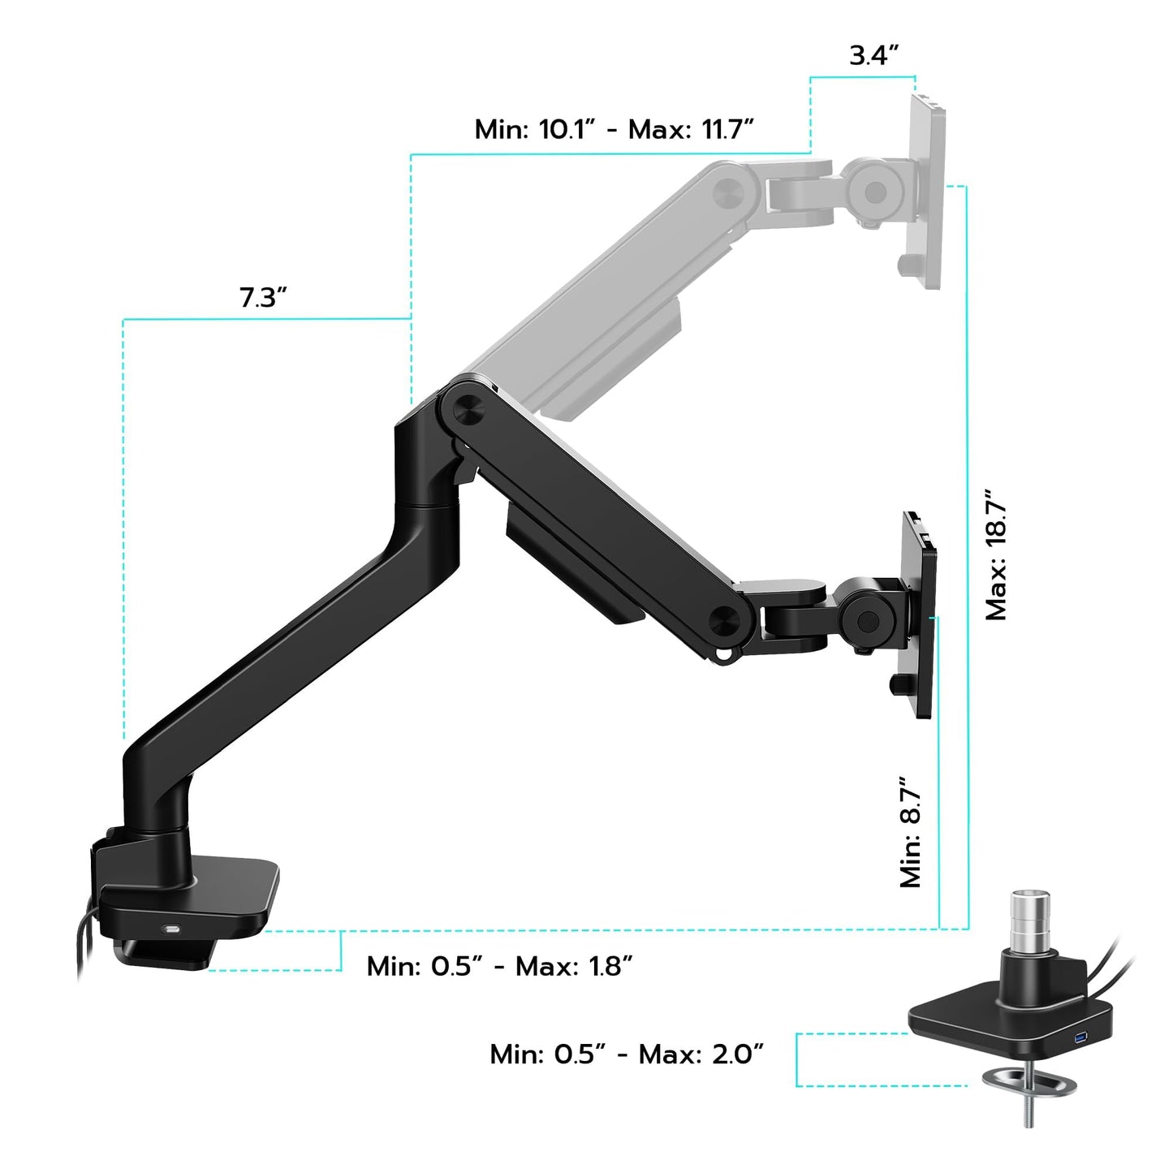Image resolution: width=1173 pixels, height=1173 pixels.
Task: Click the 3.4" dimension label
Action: (873, 55)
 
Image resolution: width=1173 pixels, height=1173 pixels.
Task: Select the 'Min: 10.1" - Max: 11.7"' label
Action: (615, 129)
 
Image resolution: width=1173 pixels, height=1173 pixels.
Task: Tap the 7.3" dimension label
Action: (263, 297)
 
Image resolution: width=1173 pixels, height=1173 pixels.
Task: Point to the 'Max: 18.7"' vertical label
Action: (996, 555)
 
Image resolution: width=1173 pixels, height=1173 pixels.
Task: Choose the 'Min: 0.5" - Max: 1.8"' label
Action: (499, 966)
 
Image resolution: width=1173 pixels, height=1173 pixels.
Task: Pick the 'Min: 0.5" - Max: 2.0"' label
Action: (627, 1054)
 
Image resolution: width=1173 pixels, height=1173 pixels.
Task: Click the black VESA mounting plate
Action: (921, 617)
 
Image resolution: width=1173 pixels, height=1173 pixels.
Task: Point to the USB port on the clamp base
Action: (171, 930)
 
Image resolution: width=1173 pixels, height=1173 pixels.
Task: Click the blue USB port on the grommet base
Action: (1080, 1038)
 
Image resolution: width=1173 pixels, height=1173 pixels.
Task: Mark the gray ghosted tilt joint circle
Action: (874, 192)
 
